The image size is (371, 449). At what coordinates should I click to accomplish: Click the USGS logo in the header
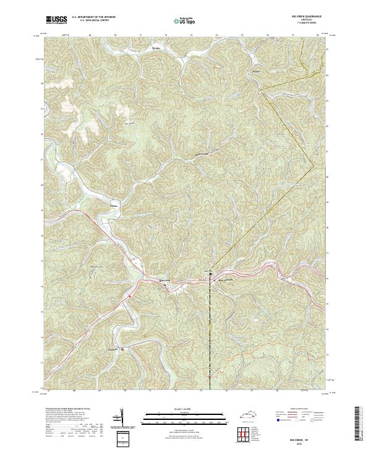(57, 20)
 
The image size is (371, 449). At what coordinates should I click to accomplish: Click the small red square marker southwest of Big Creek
(129, 295)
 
